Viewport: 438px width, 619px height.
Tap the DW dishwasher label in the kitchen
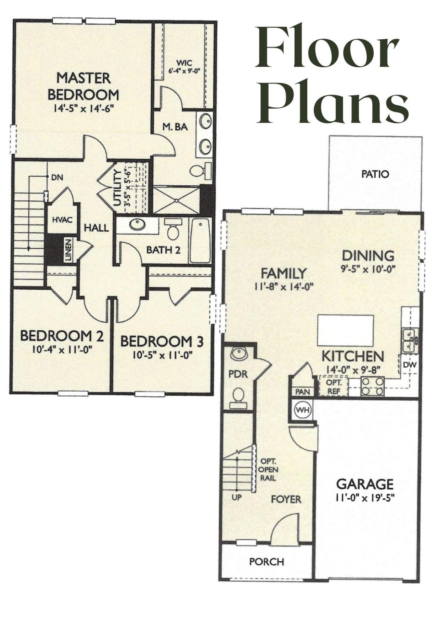point(410,365)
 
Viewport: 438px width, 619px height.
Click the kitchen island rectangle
point(345,331)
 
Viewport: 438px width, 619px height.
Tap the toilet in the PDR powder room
point(238,397)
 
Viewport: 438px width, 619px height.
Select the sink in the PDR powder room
point(238,354)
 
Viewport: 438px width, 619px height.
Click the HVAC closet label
point(62,220)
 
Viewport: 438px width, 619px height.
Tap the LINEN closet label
point(68,250)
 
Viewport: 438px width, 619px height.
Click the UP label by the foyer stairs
point(236,498)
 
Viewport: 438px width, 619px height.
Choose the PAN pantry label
point(302,392)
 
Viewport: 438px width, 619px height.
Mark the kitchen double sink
point(409,340)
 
